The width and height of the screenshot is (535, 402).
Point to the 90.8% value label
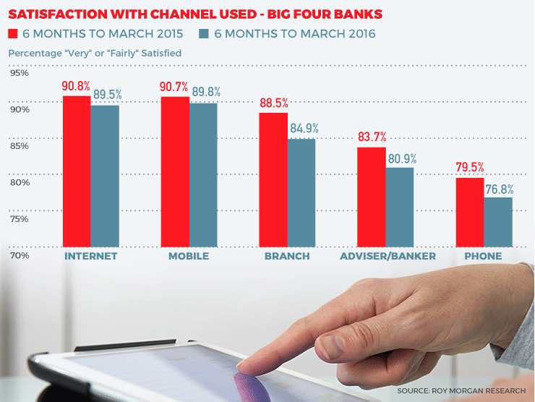tap(76, 87)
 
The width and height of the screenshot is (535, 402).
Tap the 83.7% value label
tap(372, 137)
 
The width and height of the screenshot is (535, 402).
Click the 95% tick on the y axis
tap(19, 73)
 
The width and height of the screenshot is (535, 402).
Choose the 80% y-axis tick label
tap(19, 183)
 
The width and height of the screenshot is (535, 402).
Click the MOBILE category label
tap(189, 257)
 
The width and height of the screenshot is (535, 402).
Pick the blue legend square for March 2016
tap(203, 34)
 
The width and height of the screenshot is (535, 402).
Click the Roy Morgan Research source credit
tap(461, 390)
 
